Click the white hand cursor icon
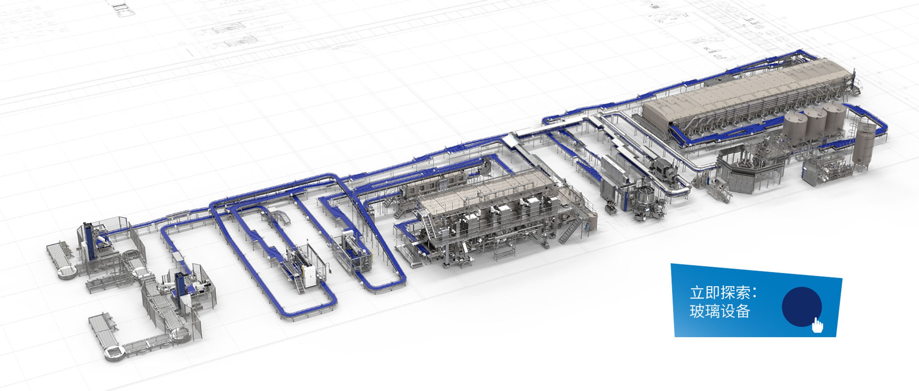817,325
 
